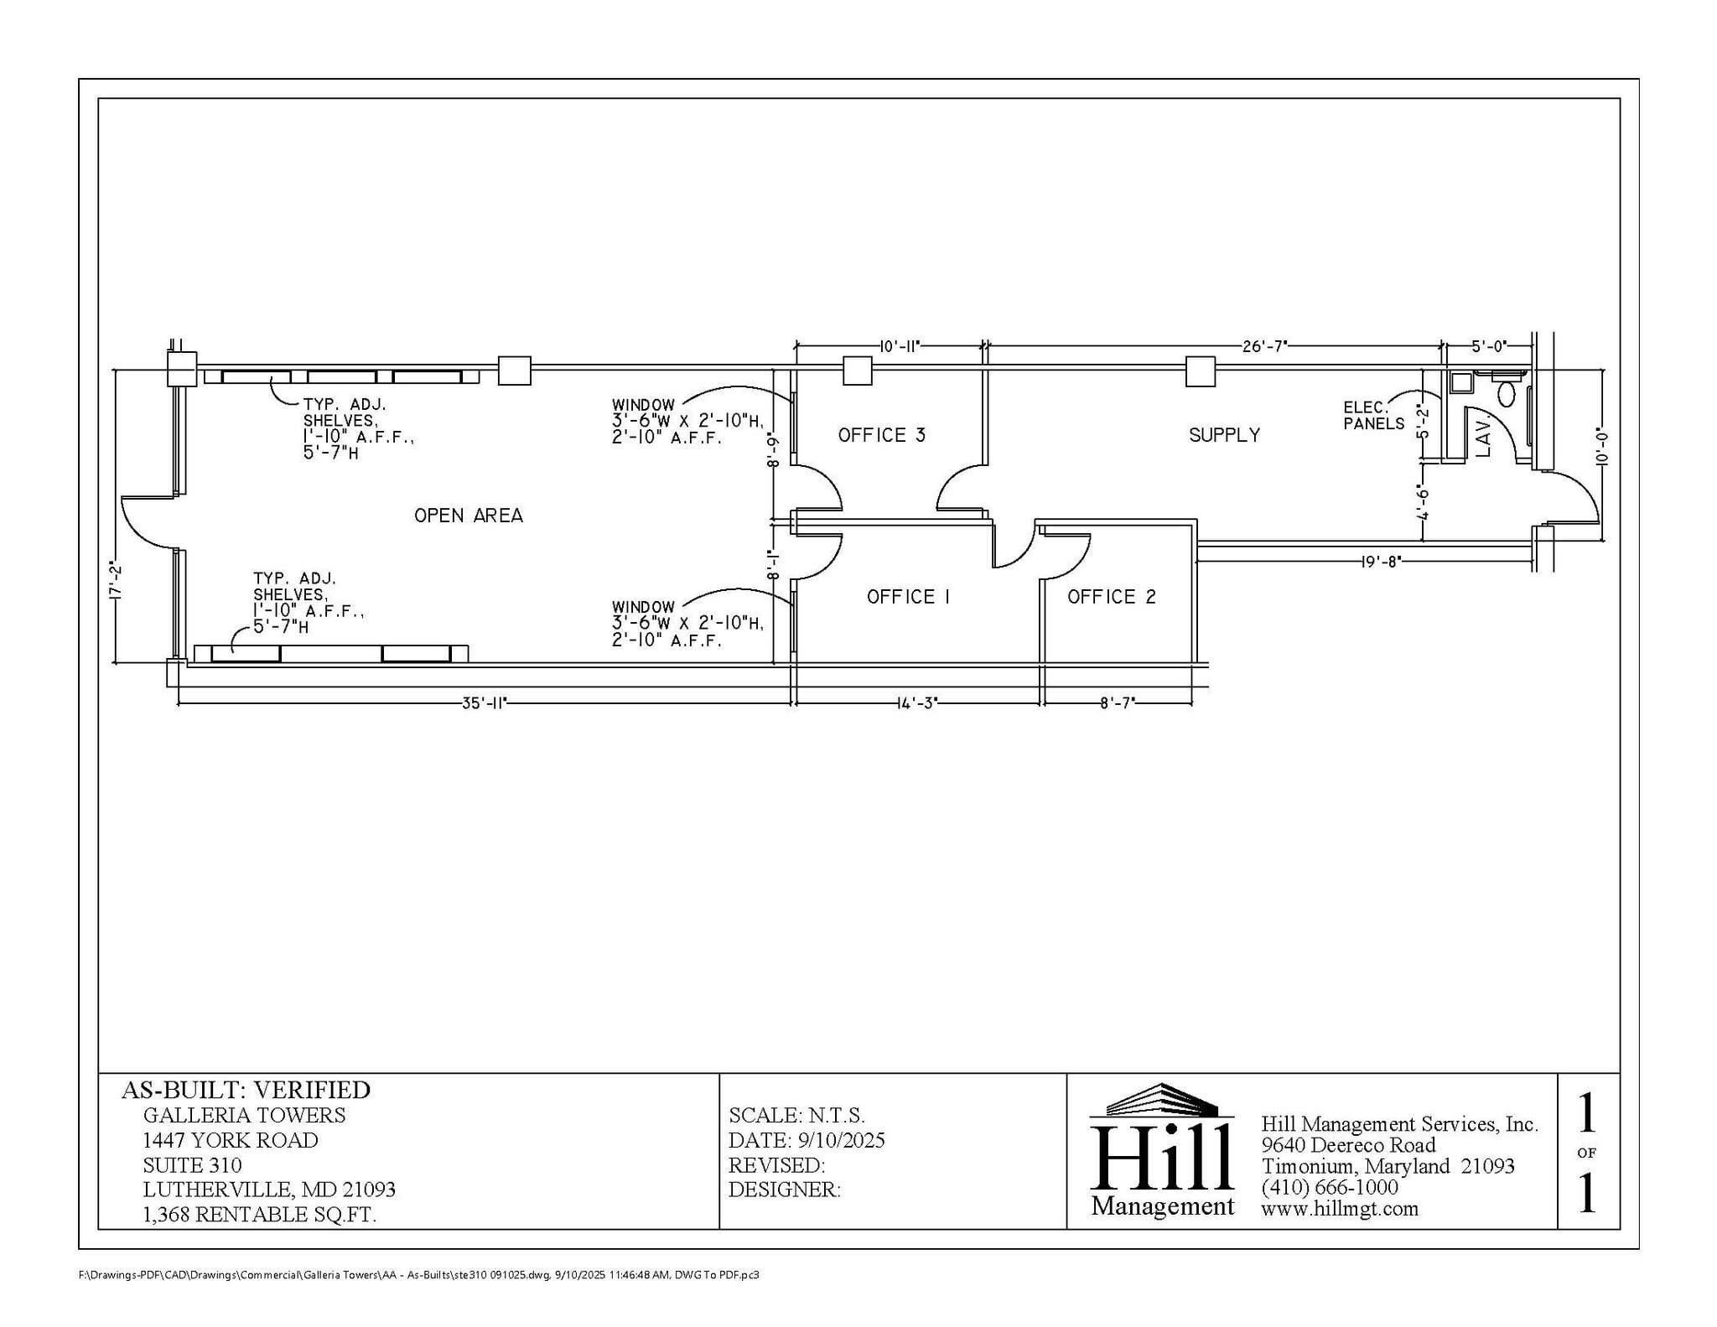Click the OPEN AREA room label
pos(469,516)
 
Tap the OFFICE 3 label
pos(882,435)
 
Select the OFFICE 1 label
pos(909,597)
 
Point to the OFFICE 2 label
pos(1112,597)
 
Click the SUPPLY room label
pos(1224,435)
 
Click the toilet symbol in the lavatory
pos(1507,393)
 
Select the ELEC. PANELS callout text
pos(1373,416)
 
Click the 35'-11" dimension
pos(485,703)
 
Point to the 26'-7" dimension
pos(1264,346)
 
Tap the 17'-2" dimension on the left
pos(117,582)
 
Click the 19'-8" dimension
pos(1381,562)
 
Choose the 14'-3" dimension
pos(917,703)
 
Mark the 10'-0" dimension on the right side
pos(1601,447)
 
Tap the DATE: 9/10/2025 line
pos(806,1140)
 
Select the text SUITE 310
pos(192,1165)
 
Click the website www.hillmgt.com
pos(1339,1209)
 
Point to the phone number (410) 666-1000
pos(1329,1188)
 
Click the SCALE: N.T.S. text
pos(796,1115)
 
